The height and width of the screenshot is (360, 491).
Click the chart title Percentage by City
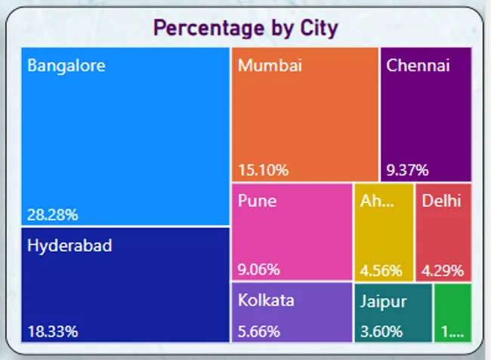pyautogui.click(x=246, y=29)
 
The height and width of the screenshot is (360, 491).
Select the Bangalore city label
pyautogui.click(x=66, y=66)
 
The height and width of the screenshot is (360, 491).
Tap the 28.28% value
pyautogui.click(x=53, y=215)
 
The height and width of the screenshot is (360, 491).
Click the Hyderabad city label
pyautogui.click(x=69, y=245)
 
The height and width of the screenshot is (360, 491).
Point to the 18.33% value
pyautogui.click(x=53, y=331)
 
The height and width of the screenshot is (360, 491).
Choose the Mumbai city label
pyautogui.click(x=270, y=66)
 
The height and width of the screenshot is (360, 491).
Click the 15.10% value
pyautogui.click(x=263, y=171)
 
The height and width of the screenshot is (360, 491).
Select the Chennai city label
pyautogui.click(x=418, y=66)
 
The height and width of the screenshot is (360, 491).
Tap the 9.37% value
pyautogui.click(x=407, y=171)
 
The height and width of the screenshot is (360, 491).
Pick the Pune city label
pyautogui.click(x=257, y=202)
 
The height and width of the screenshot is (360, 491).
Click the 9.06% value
pyautogui.click(x=259, y=269)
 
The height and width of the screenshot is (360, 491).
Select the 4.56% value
pyautogui.click(x=381, y=270)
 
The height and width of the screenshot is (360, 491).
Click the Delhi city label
pyautogui.click(x=441, y=202)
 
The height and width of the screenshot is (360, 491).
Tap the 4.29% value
pyautogui.click(x=443, y=270)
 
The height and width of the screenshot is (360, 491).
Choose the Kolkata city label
pyautogui.click(x=266, y=300)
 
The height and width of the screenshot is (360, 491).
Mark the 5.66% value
pyautogui.click(x=259, y=331)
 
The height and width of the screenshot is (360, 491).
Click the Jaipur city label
pyautogui.click(x=383, y=301)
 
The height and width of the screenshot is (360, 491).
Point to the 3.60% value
pyautogui.click(x=381, y=331)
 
